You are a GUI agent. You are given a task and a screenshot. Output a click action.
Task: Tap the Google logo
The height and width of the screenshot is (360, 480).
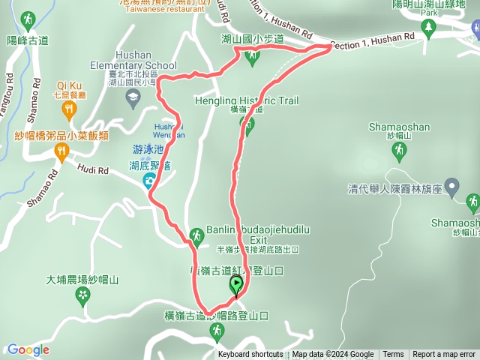28,349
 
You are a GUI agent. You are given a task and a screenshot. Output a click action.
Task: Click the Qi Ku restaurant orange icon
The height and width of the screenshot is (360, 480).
70,111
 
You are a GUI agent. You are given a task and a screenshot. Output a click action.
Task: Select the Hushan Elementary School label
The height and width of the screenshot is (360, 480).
132,65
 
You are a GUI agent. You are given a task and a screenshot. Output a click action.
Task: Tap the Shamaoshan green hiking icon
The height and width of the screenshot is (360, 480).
399,151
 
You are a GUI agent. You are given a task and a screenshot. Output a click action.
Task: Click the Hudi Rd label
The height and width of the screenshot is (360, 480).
94,170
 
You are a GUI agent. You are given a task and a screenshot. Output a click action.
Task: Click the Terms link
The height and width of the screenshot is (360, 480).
393,355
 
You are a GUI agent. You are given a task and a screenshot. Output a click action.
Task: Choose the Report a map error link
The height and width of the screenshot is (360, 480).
444,355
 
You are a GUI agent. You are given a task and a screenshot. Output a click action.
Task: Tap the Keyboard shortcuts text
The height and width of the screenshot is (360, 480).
250,355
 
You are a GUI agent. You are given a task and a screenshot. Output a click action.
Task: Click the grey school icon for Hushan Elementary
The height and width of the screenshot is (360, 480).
133,95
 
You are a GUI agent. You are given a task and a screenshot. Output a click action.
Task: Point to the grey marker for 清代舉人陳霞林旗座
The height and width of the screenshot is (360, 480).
451,186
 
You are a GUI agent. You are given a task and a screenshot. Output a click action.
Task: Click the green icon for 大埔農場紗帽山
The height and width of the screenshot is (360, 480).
82,297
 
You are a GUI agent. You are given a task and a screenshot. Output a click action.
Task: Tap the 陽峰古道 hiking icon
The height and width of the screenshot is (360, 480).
28,19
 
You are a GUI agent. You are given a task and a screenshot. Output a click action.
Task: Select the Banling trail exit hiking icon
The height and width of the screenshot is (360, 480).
196,235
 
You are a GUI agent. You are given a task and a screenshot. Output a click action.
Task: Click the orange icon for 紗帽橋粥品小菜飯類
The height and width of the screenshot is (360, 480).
60,152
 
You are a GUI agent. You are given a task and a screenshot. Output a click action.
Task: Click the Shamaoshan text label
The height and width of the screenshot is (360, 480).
399,127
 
